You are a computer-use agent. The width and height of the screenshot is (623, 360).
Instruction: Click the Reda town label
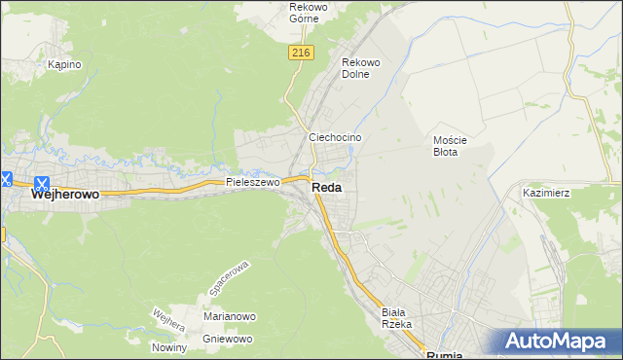pos(326,188)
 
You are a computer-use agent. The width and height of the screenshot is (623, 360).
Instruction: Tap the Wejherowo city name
pos(65,195)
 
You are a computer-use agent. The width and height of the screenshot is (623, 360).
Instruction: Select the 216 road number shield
pos(300,54)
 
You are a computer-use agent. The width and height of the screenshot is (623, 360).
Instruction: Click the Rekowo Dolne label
pos(360,68)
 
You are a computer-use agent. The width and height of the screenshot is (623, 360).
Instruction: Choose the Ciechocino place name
pos(335,138)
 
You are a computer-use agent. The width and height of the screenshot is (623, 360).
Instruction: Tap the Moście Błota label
pos(451,145)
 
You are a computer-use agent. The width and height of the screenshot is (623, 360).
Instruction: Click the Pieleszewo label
pos(252,182)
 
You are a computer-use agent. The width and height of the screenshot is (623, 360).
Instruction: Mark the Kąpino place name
pos(64,64)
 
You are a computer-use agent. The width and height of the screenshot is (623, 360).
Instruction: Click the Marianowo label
pos(229,317)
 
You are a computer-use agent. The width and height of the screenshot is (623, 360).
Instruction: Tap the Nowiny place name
pos(168,347)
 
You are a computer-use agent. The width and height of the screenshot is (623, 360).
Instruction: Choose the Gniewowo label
pos(228,339)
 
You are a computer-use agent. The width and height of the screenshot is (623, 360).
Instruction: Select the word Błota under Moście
pos(451,152)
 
